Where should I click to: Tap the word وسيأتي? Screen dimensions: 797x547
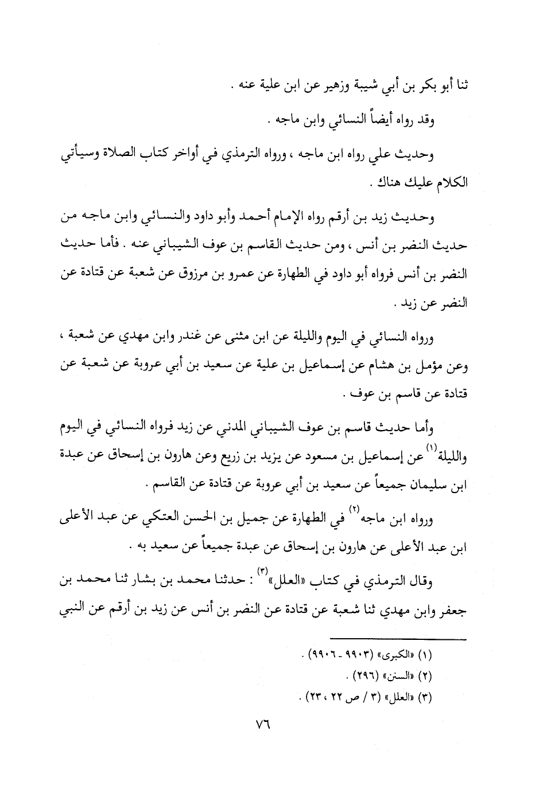click(81, 155)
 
